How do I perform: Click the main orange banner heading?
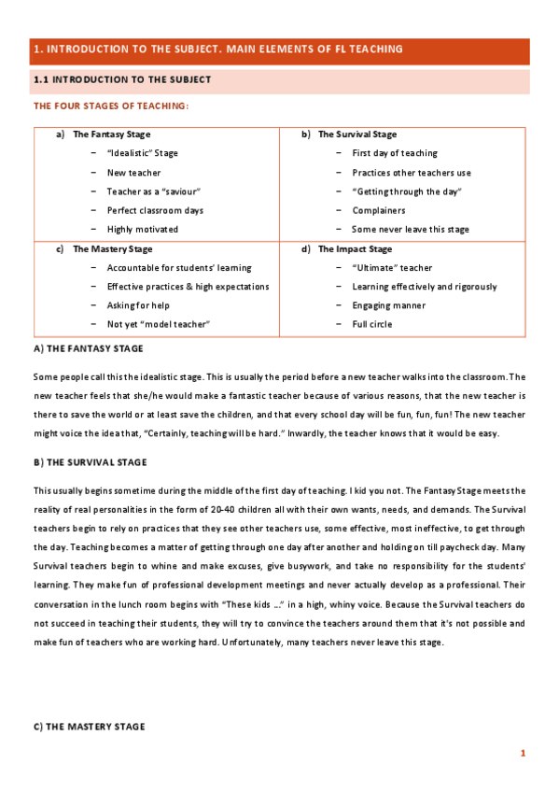[217, 49]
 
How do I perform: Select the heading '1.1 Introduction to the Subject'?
[121, 80]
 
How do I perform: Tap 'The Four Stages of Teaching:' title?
[111, 106]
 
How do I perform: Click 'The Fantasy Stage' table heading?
[111, 134]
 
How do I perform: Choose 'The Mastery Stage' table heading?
[112, 249]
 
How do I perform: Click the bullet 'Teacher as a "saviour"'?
[154, 191]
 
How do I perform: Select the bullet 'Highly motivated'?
[143, 230]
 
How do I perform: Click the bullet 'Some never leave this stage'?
[411, 230]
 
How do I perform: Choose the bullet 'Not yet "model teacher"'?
[159, 324]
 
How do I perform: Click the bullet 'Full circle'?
[371, 324]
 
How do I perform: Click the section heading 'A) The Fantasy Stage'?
[88, 348]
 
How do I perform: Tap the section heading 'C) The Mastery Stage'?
[89, 727]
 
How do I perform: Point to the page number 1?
[524, 753]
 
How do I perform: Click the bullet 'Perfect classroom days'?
[155, 211]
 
